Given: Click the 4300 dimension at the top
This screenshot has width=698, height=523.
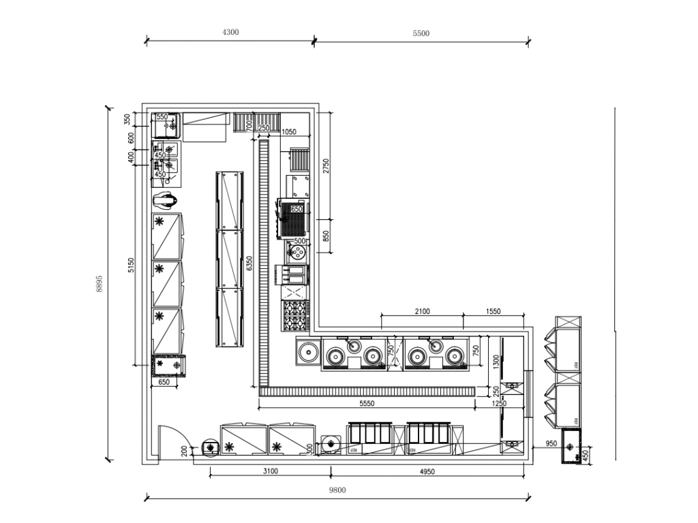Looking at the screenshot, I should pyautogui.click(x=230, y=33).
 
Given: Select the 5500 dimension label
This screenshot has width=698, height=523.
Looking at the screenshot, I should pyautogui.click(x=421, y=33).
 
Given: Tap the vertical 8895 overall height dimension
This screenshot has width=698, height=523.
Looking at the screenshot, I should pyautogui.click(x=99, y=284).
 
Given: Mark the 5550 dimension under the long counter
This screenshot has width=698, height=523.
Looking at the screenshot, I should pyautogui.click(x=367, y=403).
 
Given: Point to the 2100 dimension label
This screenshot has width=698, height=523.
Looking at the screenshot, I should pyautogui.click(x=422, y=311).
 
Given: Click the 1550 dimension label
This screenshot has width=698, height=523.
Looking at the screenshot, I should pyautogui.click(x=492, y=311).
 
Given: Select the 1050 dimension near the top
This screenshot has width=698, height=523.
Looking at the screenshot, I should pyautogui.click(x=289, y=132).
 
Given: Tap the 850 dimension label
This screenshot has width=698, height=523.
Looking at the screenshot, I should pyautogui.click(x=326, y=236).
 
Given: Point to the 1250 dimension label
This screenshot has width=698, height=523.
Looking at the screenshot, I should pyautogui.click(x=500, y=404).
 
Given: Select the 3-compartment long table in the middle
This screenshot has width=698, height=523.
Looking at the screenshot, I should pyautogui.click(x=230, y=259).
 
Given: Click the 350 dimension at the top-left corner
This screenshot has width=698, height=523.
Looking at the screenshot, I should pyautogui.click(x=126, y=119).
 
